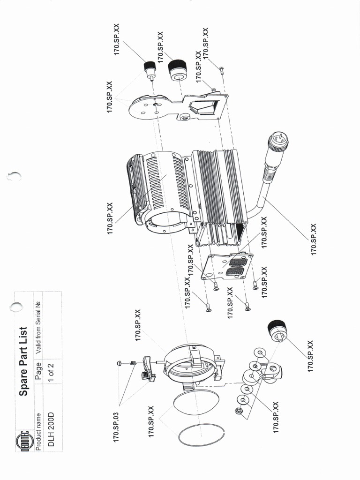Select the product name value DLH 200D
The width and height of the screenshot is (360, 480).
click(52, 429)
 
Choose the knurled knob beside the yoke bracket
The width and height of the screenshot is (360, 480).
click(278, 330)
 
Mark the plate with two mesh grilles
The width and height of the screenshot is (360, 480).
click(227, 266)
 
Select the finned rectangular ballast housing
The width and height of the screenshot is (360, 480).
click(218, 197)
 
